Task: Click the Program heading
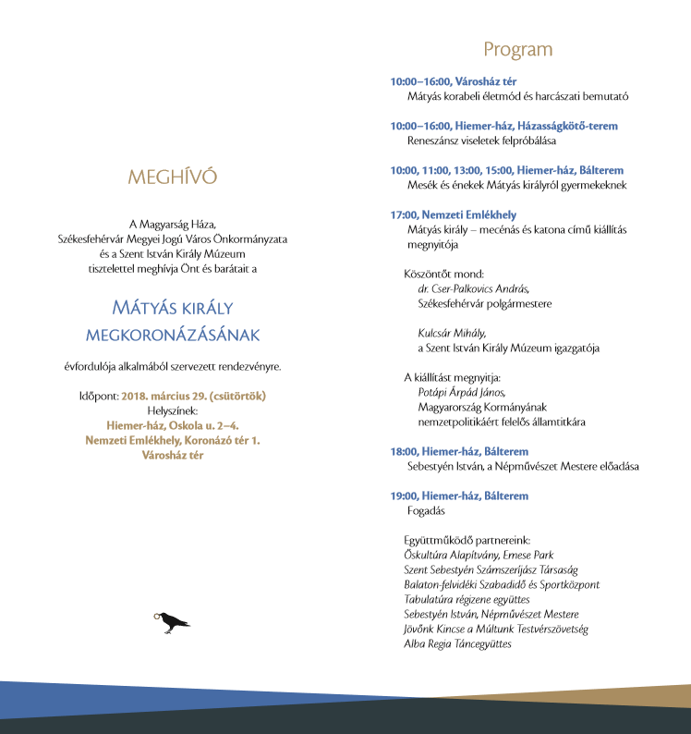point(517,50)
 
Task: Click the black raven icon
point(172,622)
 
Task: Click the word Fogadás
point(426,510)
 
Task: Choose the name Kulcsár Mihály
point(452,333)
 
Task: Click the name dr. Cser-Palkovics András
point(473,288)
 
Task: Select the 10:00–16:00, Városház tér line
point(453,81)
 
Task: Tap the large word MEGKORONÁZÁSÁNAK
point(173,334)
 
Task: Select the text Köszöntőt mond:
point(441,274)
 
